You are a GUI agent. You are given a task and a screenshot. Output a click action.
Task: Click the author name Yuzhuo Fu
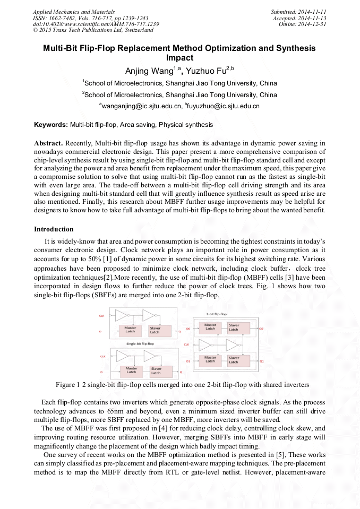pyautogui.click(x=205, y=71)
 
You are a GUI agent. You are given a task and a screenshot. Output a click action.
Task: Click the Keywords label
pyautogui.click(x=51, y=125)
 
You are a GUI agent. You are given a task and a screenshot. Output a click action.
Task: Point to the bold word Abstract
pyautogui.click(x=49, y=143)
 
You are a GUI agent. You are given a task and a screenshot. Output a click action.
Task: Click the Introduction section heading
pyautogui.click(x=54, y=229)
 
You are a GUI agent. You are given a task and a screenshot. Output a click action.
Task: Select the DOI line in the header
pyautogui.click(x=96, y=24)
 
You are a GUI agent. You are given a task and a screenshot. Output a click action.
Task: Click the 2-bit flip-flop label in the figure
pyautogui.click(x=216, y=314)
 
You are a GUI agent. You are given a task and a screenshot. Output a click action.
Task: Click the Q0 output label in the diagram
pyautogui.click(x=261, y=329)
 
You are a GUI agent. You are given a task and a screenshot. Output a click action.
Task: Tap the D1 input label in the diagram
pyautogui.click(x=188, y=361)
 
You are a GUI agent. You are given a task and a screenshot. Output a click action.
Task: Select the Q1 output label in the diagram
pyautogui.click(x=261, y=361)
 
